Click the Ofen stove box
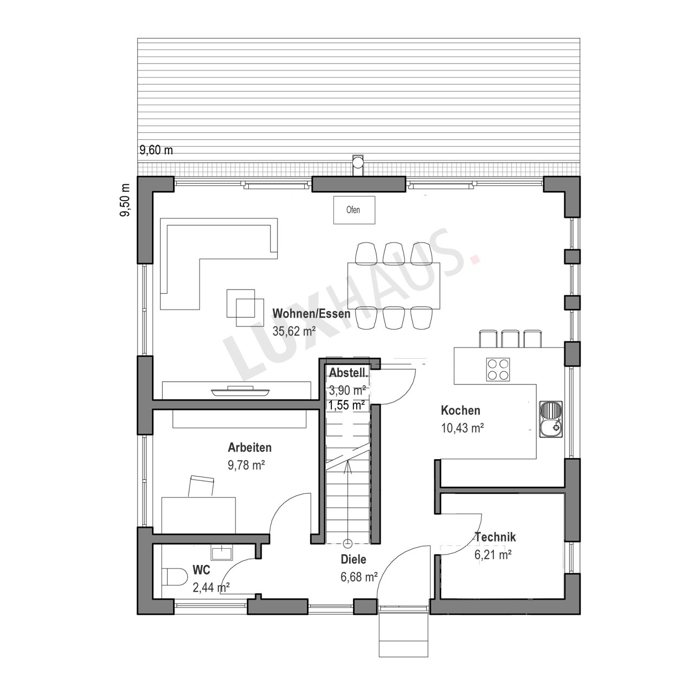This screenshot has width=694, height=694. [354, 210]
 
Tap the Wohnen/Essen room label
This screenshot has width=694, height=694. [311, 314]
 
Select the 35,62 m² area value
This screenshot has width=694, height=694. [294, 331]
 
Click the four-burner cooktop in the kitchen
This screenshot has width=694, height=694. [498, 370]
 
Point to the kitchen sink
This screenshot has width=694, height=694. [551, 419]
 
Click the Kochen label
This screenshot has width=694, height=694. [461, 410]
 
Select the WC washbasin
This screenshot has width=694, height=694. [222, 552]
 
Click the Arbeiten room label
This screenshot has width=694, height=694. [249, 447]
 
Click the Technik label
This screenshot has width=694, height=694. [496, 537]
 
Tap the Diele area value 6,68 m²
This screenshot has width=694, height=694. [359, 577]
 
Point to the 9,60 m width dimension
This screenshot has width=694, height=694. [156, 150]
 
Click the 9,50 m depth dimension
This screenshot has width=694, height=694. [125, 200]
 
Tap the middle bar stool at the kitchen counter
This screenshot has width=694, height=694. [509, 338]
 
